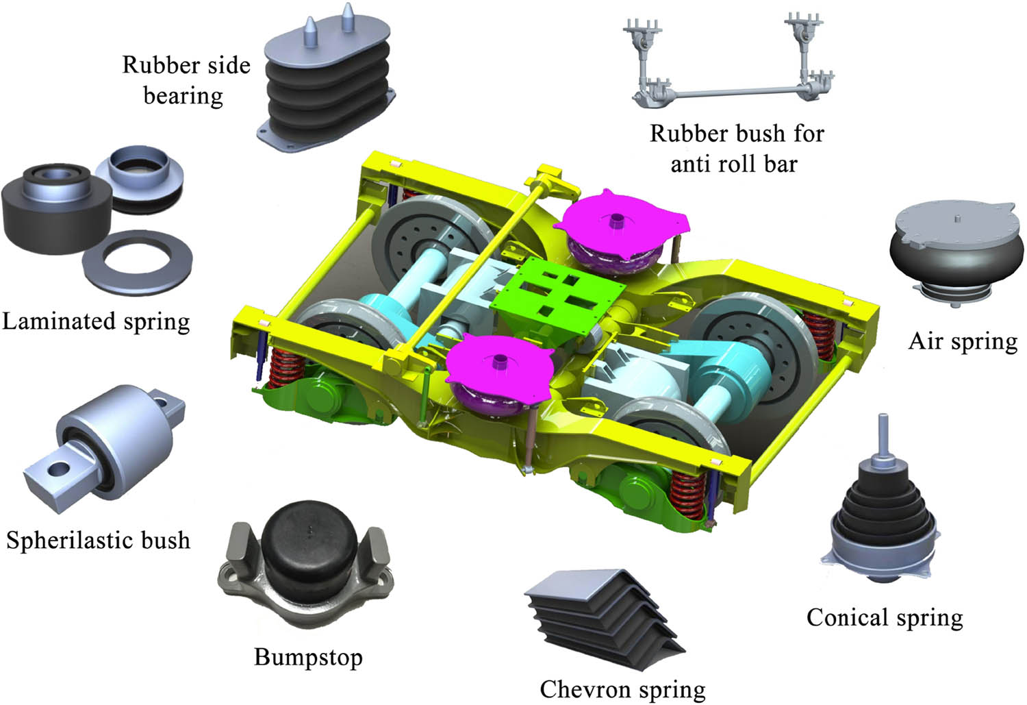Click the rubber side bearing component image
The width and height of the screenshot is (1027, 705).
326,82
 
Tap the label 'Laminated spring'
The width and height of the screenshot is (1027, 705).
96,321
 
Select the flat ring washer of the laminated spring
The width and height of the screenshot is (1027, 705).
138,262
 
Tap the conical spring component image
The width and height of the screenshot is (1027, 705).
882,521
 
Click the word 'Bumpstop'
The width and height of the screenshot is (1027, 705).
308,657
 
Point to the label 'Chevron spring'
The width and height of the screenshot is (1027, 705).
622,689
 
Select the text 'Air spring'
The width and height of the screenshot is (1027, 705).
963,341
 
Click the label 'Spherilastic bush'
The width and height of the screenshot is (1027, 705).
98,540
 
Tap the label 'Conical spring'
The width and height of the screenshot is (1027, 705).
885,617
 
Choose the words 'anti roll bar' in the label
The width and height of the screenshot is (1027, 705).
733,164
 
